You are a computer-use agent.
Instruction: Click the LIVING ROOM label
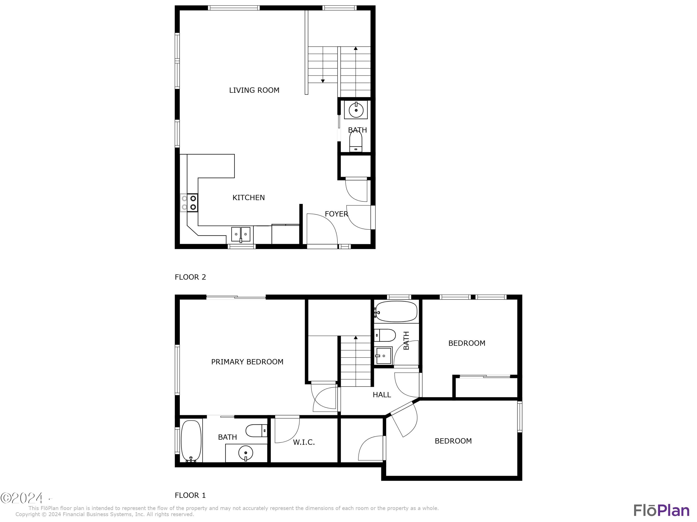tap(254, 90)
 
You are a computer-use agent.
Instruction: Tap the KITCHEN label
tap(248, 198)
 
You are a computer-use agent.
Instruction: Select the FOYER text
tap(336, 214)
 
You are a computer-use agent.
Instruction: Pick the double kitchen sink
tap(241, 234)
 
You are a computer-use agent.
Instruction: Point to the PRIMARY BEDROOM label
tap(247, 362)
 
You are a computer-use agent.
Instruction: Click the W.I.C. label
tap(304, 442)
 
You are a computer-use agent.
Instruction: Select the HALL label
tap(381, 395)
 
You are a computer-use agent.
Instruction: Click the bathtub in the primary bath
tap(191, 441)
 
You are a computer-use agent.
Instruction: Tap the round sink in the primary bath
tap(246, 453)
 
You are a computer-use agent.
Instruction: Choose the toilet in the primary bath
tap(256, 430)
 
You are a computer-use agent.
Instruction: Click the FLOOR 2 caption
tap(190, 277)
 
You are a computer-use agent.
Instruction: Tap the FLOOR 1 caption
tap(190, 495)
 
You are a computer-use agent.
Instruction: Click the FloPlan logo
tap(661, 510)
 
